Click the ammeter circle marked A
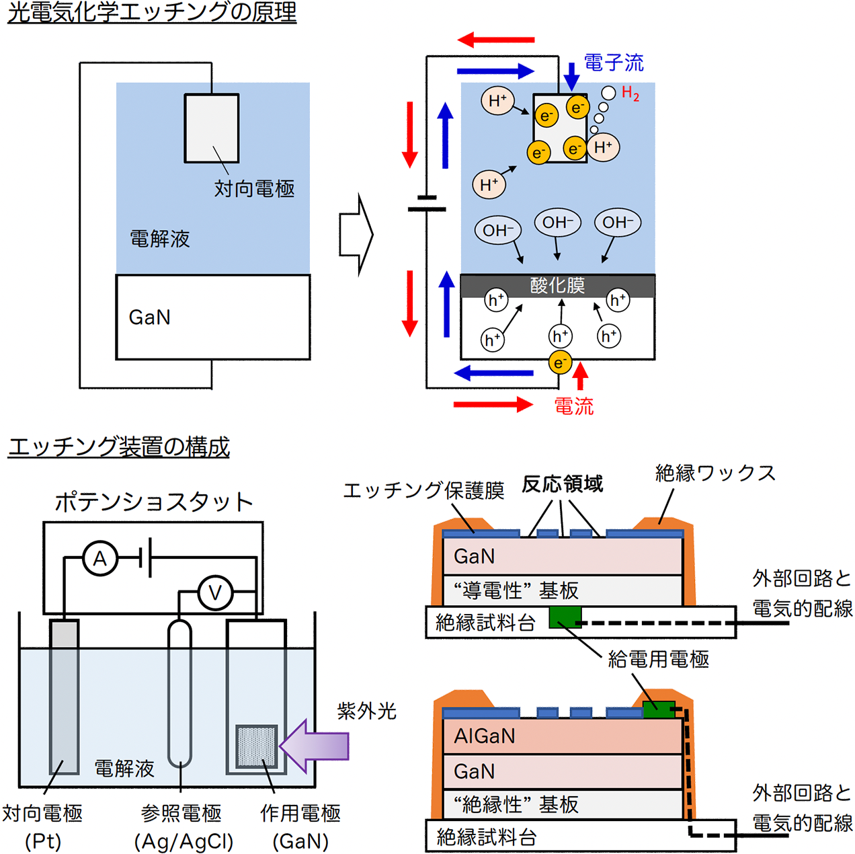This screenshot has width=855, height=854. (x=100, y=558)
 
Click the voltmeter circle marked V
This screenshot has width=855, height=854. (x=215, y=592)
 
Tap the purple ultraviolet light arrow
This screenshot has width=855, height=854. (x=315, y=746)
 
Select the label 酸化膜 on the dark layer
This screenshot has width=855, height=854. (x=557, y=286)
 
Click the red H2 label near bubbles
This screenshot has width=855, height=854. (x=630, y=93)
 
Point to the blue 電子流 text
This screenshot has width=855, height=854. (x=614, y=63)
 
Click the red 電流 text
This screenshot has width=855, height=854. (x=573, y=406)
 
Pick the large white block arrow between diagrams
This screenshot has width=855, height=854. (x=356, y=235)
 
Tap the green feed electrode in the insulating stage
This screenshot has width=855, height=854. (x=565, y=617)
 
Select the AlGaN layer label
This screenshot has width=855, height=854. (x=485, y=736)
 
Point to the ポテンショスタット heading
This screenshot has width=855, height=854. (x=153, y=502)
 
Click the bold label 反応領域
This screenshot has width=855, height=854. (x=563, y=484)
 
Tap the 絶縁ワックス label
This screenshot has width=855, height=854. (x=715, y=473)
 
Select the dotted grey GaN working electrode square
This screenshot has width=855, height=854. (x=257, y=746)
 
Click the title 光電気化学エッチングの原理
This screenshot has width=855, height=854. (x=152, y=13)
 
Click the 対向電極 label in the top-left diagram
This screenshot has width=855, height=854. (x=254, y=188)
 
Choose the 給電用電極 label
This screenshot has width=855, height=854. (x=658, y=660)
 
